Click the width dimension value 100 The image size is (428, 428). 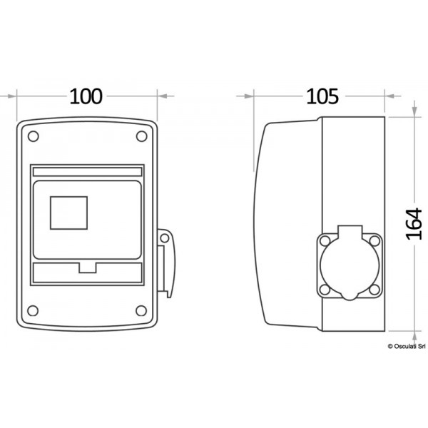[86, 95]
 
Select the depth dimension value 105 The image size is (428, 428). [322, 95]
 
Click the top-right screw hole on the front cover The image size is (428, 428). [141, 136]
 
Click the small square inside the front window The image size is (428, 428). [68, 212]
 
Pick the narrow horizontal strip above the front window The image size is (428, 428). [87, 171]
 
